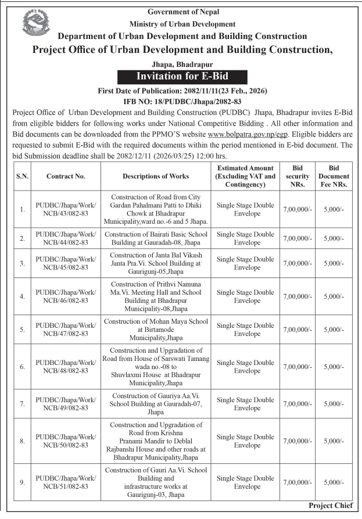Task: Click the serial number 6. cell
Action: tap(21, 367)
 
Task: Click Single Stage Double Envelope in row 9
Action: tap(245, 482)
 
